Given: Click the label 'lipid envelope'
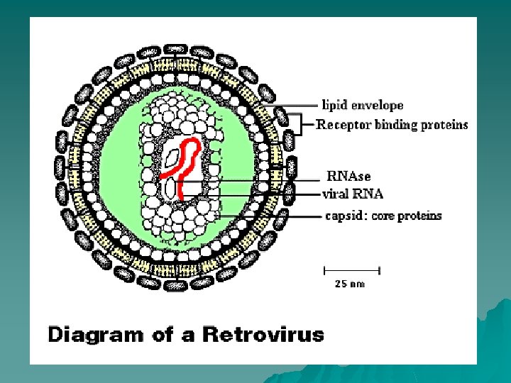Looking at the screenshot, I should point(360,106).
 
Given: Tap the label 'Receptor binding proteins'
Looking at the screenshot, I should point(392,125).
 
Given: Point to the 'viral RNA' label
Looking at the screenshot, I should point(353,194).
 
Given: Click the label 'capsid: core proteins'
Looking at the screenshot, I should point(383,216).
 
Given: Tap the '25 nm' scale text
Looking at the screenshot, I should point(350,284).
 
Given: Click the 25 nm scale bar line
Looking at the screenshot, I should point(352,270).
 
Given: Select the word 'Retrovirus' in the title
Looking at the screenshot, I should point(263,333).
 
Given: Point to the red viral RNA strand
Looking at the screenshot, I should point(188,163).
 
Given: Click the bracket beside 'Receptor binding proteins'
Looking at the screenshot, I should point(303,126).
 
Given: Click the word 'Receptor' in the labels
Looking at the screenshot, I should point(339,125).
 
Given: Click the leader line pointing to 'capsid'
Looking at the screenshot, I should point(270,216).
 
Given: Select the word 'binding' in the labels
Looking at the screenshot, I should point(390,125).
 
